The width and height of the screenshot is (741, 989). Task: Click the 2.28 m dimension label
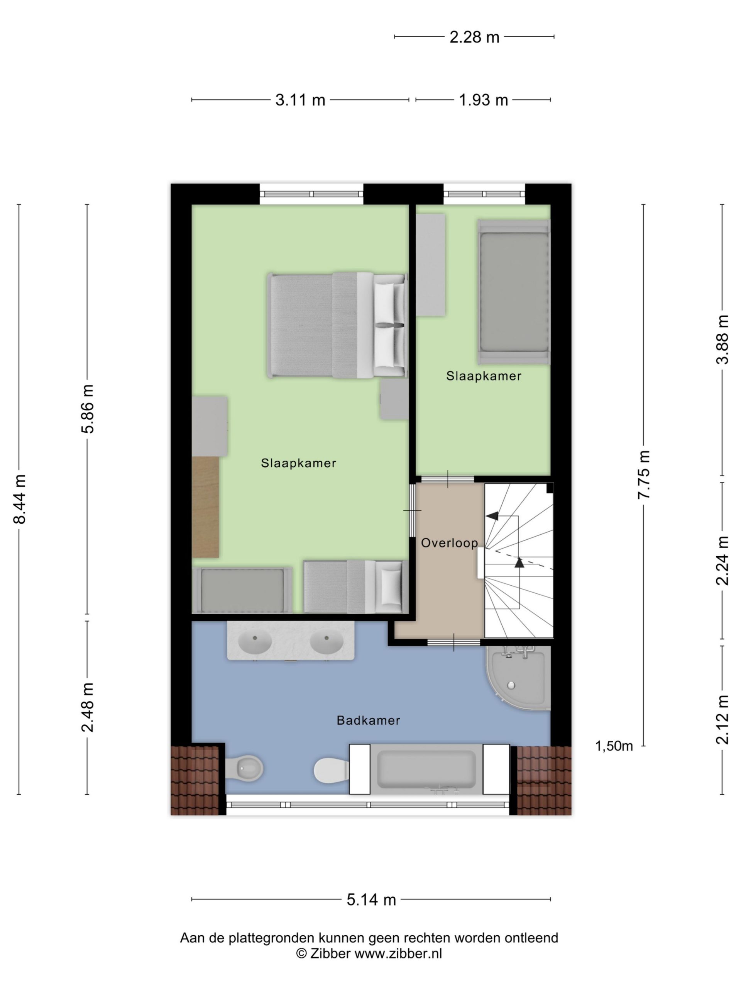[474, 37]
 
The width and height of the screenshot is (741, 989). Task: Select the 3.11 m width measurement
[300, 100]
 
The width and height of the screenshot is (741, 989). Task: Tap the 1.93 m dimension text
[483, 100]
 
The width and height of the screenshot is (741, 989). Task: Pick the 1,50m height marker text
[614, 746]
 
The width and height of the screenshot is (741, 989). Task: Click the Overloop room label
[449, 543]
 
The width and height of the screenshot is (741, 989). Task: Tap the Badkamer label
[368, 720]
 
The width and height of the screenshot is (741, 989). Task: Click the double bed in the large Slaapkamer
[338, 325]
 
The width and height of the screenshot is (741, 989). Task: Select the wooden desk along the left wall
[205, 506]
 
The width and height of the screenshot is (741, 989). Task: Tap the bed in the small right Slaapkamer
[514, 292]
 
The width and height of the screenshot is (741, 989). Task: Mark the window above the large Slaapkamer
[311, 194]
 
